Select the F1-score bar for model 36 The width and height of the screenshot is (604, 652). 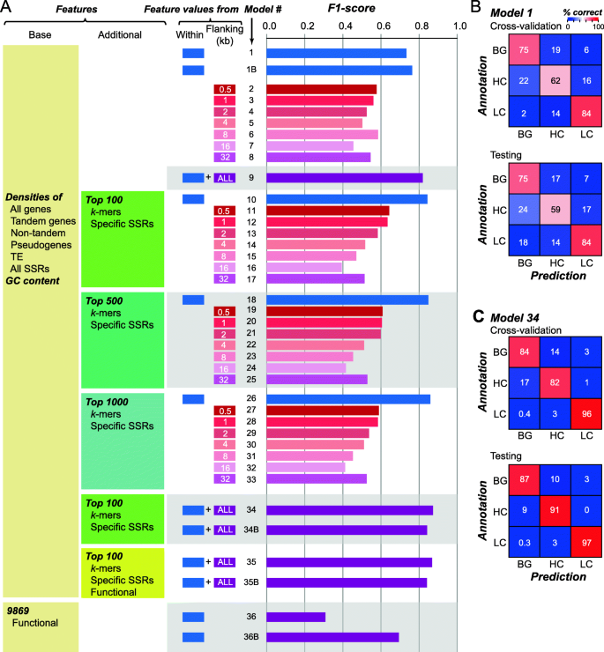pyautogui.click(x=295, y=617)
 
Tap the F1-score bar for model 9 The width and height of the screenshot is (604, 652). pyautogui.click(x=344, y=178)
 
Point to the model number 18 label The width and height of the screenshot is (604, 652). pyautogui.click(x=251, y=300)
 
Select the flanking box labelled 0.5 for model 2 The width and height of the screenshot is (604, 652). pyautogui.click(x=224, y=89)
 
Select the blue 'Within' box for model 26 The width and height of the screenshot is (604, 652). pyautogui.click(x=192, y=398)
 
